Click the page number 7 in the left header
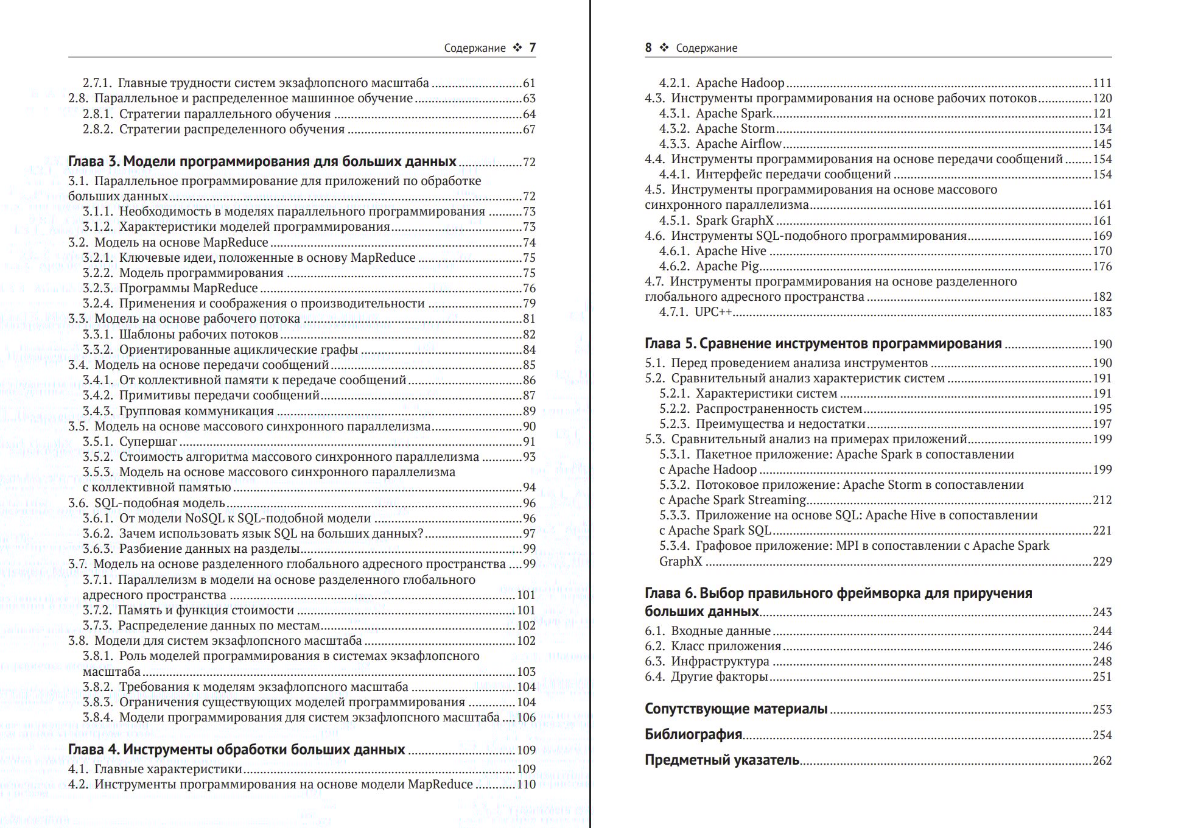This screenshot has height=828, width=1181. pos(532,47)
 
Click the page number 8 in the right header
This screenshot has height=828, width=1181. pos(648,47)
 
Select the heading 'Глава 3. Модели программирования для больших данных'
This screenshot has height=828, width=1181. pos(262,161)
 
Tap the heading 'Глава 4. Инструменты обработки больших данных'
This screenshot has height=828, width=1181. pos(236,749)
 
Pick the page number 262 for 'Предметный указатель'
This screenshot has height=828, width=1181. pos(1102,760)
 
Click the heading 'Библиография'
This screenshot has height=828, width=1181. pos(693,734)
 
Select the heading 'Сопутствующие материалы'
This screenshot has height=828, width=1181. pos(736,709)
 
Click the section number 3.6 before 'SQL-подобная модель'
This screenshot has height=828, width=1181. pos(78,503)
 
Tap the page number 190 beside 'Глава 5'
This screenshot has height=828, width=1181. pos(1102,344)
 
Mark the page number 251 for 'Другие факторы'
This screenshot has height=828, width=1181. pos(1102,676)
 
